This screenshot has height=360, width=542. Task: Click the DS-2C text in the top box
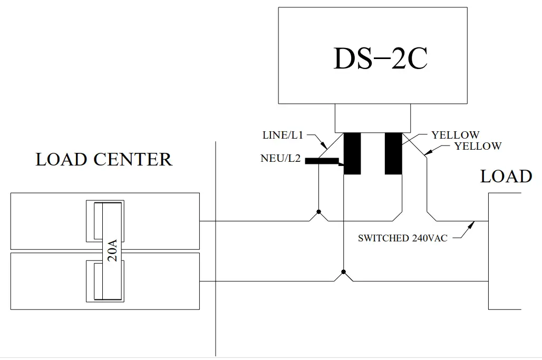[x=380, y=59]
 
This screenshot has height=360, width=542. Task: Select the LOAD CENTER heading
[x=104, y=159]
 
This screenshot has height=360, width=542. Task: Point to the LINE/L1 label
[x=283, y=135]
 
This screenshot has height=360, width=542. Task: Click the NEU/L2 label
[x=280, y=158]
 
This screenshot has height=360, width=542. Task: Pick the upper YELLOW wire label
[x=455, y=135]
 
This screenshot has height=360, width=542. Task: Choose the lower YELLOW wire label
[x=478, y=146]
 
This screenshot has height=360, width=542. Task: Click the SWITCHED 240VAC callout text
[x=402, y=238]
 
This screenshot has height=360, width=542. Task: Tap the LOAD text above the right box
[x=506, y=177]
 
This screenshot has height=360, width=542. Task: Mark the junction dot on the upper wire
[x=318, y=212]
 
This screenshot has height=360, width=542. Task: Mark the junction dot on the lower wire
[x=343, y=273]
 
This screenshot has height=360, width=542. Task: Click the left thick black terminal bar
[x=352, y=153]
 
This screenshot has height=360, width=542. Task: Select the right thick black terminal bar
[x=393, y=153]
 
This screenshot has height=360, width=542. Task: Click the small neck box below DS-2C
[x=372, y=118]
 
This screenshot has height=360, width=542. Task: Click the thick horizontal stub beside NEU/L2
[x=322, y=161]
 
